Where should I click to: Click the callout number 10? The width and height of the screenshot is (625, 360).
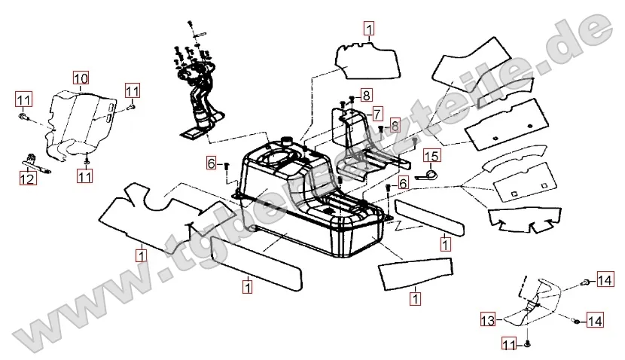pyautogui.click(x=81, y=78)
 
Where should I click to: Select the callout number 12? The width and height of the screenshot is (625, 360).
pyautogui.click(x=26, y=179)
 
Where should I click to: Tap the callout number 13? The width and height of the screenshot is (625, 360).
pyautogui.click(x=487, y=320)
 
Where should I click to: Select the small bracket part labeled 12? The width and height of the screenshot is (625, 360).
pyautogui.click(x=36, y=162)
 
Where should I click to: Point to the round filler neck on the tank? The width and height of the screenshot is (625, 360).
pyautogui.click(x=286, y=142)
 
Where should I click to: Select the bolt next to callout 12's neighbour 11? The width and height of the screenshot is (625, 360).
pyautogui.click(x=24, y=117)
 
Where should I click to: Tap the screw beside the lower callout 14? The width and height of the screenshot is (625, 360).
pyautogui.click(x=576, y=322)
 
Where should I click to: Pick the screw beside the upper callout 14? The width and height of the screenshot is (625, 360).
pyautogui.click(x=587, y=283)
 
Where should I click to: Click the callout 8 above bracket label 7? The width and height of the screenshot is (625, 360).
pyautogui.click(x=366, y=95)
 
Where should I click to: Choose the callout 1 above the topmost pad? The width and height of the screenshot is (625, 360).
pyautogui.click(x=368, y=29)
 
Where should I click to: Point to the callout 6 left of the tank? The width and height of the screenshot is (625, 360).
pyautogui.click(x=212, y=163)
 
